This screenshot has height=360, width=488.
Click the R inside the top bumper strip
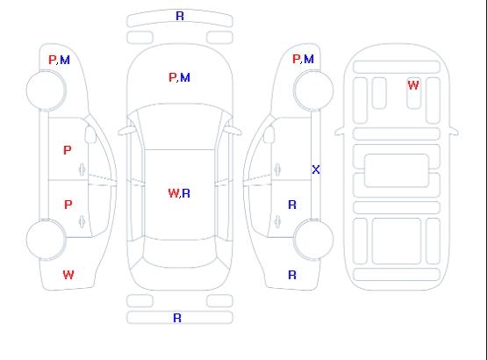pyautogui.click(x=180, y=16)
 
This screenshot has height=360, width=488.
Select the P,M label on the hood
pyautogui.click(x=179, y=77)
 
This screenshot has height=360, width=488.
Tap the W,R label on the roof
pyautogui.click(x=179, y=193)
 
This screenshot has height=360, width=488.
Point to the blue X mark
pyautogui.click(x=316, y=169)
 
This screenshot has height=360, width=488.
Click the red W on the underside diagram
pyautogui.click(x=413, y=85)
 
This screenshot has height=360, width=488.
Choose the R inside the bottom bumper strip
pyautogui.click(x=177, y=318)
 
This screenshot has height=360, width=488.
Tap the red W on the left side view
pyautogui.click(x=68, y=275)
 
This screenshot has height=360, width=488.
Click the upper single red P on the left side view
pyautogui.click(x=68, y=150)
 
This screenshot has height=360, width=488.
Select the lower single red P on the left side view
pyautogui.click(x=68, y=205)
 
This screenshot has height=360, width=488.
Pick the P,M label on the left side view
pyautogui.click(x=59, y=60)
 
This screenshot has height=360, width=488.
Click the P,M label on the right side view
pyautogui.click(x=303, y=59)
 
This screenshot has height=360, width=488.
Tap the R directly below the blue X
pyautogui.click(x=292, y=205)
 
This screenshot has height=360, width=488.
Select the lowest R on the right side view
pyautogui.click(x=292, y=275)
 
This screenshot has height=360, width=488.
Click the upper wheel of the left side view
pyautogui.click(x=46, y=90)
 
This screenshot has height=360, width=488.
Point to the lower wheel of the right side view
pyautogui.click(x=313, y=239)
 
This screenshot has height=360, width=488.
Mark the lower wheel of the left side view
pyautogui.click(x=46, y=240)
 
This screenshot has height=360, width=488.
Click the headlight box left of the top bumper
pyautogui.click(x=140, y=38)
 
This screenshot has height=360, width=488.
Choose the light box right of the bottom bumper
pyautogui.click(x=219, y=301)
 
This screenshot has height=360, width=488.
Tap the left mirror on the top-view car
pyautogui.click(x=126, y=131)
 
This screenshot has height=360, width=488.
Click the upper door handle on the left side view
pyautogui.click(x=83, y=169)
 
